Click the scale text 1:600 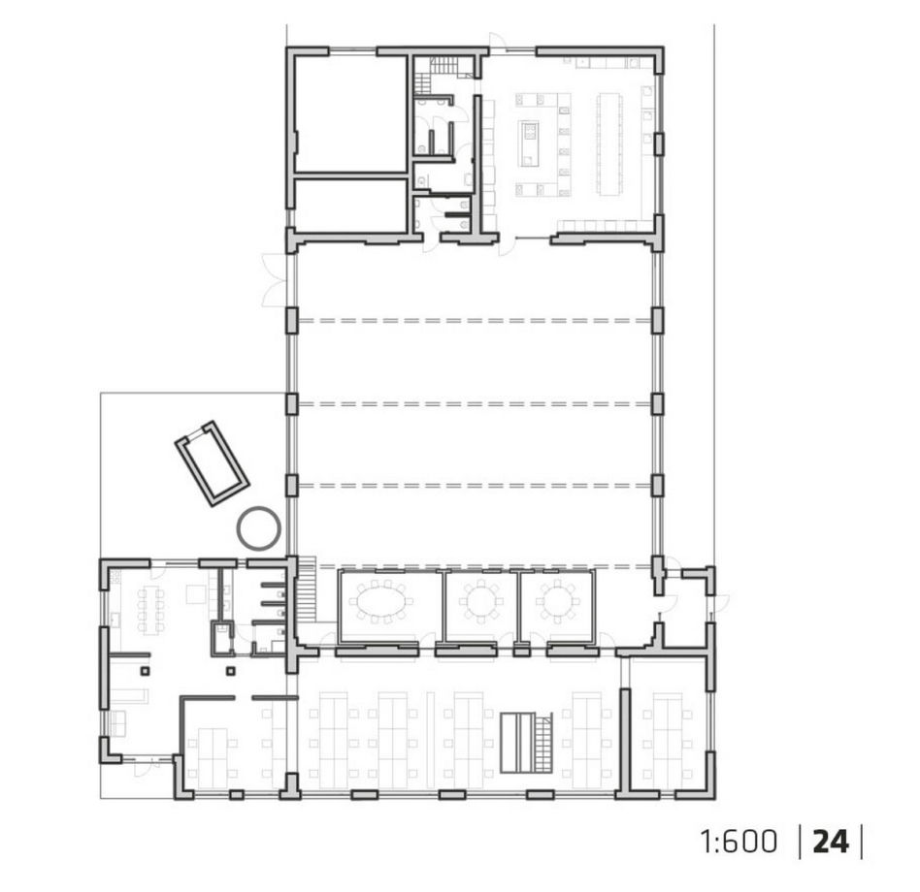click(x=739, y=842)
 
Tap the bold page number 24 click(x=830, y=842)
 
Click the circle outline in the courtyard click(x=258, y=527)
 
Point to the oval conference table click(x=380, y=601)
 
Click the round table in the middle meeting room click(x=481, y=601)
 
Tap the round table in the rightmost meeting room click(x=557, y=601)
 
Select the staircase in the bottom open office click(x=526, y=743)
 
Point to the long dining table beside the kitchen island click(x=609, y=143)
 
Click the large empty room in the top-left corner click(x=350, y=114)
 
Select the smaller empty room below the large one click(x=350, y=206)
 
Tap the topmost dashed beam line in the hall click(x=475, y=321)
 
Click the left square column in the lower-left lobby click(x=145, y=672)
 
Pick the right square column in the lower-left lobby click(x=231, y=672)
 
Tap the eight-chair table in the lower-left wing click(x=151, y=610)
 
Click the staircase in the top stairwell click(x=437, y=72)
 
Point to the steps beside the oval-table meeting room click(x=308, y=589)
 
